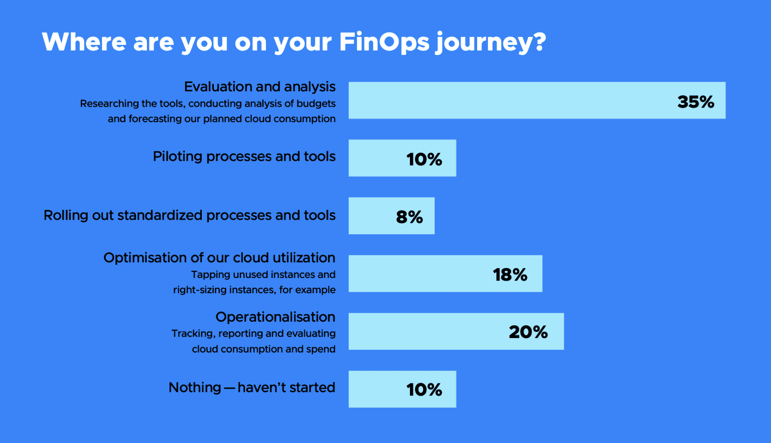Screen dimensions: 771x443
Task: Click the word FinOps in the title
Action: [x=384, y=42]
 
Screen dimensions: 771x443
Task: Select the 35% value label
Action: [x=696, y=102]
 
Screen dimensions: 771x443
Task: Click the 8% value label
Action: [x=409, y=217]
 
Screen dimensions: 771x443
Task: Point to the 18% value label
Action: [x=510, y=275]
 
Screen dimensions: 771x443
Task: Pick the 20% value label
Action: [x=528, y=332]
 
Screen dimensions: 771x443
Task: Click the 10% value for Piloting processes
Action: [x=424, y=159]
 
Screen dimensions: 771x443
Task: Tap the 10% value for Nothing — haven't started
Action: [x=424, y=389]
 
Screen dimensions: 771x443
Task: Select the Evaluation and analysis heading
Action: [x=260, y=87]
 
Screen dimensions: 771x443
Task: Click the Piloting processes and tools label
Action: [x=244, y=157]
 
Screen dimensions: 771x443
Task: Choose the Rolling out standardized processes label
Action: [x=189, y=215]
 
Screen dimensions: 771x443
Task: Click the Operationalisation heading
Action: [x=275, y=317]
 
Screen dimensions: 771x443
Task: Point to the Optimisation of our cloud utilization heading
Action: [x=219, y=258]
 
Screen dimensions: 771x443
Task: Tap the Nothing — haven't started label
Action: [x=252, y=387]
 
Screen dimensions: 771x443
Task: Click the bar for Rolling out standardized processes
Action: [x=391, y=216]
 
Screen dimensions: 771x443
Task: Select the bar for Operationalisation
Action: [x=456, y=332]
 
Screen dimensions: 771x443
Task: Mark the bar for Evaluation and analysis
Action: [x=537, y=100]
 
